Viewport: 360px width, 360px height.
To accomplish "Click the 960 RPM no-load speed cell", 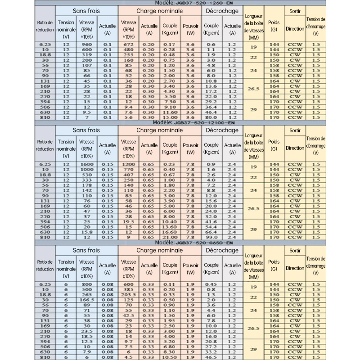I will point(87,45).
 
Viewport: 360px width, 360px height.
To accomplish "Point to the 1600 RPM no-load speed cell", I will point(87,164).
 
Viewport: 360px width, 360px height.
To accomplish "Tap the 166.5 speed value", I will point(87,299).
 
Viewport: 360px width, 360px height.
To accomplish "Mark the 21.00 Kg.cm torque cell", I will point(169,237).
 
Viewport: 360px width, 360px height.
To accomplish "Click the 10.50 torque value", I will point(169,357).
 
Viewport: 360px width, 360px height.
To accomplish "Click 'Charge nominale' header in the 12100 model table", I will point(160,130).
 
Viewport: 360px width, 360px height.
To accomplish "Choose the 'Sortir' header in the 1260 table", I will point(295,10).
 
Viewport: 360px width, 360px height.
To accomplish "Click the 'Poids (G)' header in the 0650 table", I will point(274,265).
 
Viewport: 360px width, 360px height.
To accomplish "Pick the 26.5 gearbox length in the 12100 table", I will point(253,208).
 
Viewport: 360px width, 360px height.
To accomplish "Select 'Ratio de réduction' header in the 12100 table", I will point(45,145).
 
